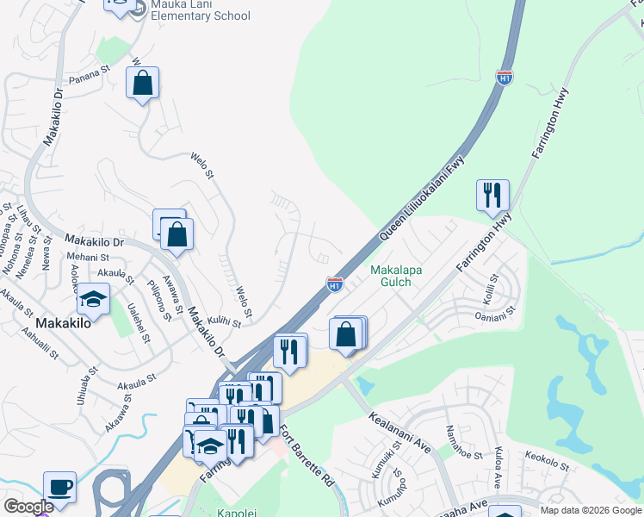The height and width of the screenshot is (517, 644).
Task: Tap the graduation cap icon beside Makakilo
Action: (91, 300)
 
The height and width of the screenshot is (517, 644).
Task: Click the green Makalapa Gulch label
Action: (396, 276)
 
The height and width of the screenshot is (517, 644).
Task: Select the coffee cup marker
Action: (59, 487)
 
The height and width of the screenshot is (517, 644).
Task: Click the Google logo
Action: (28, 507)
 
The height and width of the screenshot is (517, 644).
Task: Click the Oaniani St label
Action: (495, 315)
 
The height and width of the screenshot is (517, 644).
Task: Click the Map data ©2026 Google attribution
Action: (591, 510)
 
